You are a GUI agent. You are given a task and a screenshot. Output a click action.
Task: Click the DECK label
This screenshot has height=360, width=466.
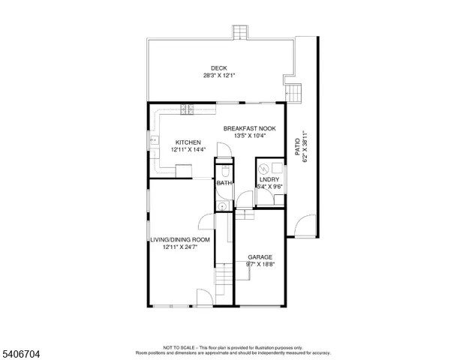(x=219, y=68)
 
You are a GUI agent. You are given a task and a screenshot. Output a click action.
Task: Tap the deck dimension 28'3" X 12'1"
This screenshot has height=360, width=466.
(x=219, y=75)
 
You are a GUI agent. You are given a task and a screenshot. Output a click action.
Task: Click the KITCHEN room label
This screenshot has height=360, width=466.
(x=188, y=142)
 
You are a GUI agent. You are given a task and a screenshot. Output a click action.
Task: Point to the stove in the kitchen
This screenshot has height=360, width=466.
(x=186, y=109)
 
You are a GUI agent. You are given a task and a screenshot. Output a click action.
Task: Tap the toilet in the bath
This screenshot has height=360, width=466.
(x=223, y=169)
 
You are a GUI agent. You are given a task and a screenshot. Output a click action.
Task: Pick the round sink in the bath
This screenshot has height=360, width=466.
(x=222, y=205)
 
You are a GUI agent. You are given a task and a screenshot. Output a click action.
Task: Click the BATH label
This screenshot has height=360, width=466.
(x=223, y=183)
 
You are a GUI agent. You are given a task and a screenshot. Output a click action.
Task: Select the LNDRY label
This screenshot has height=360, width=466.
(x=269, y=179)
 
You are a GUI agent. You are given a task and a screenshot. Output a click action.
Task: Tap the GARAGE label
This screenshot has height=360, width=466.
(x=260, y=256)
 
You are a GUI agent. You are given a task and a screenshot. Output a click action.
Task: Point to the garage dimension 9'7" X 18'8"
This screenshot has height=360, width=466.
(x=260, y=264)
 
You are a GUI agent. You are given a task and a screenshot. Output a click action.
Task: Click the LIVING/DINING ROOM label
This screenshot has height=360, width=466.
(x=179, y=239)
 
